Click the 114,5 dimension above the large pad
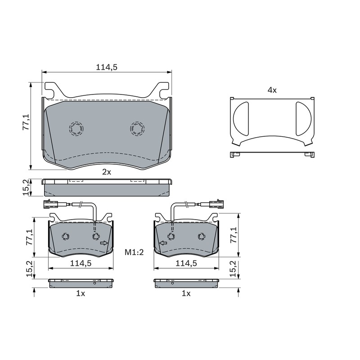(107, 67)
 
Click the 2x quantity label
(107, 172)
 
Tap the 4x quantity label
(272, 90)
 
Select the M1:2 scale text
(134, 252)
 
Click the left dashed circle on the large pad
(76, 129)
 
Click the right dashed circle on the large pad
(137, 129)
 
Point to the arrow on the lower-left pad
(104, 243)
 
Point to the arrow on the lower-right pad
(163, 243)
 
